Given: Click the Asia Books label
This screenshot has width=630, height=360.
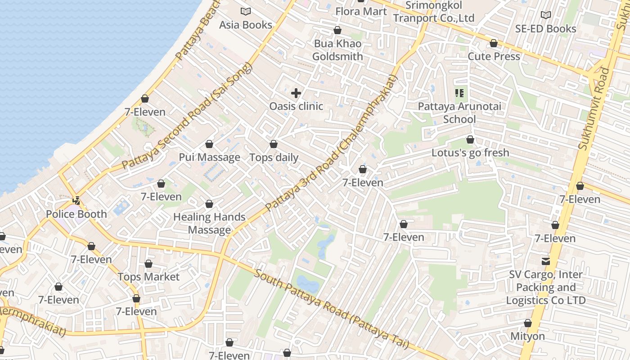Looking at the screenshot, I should pyautogui.click(x=246, y=25).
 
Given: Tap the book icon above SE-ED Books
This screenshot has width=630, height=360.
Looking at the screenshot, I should pyautogui.click(x=546, y=15).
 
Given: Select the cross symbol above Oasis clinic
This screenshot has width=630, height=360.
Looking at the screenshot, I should pyautogui.click(x=296, y=93).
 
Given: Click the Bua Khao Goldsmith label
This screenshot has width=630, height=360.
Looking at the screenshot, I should pyautogui.click(x=337, y=50).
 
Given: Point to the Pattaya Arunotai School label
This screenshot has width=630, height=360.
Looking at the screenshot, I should pyautogui.click(x=459, y=113).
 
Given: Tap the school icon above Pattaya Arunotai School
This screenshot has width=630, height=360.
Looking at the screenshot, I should pyautogui.click(x=459, y=93).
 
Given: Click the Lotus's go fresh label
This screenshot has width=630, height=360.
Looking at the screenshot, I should pyautogui.click(x=470, y=153).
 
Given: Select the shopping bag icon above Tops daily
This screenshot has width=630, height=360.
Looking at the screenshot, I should pyautogui.click(x=274, y=144).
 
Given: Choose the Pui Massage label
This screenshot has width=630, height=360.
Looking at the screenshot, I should pyautogui.click(x=210, y=157).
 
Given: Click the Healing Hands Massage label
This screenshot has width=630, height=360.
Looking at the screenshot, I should pyautogui.click(x=209, y=223).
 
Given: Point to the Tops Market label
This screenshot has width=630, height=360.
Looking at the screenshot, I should pyautogui.click(x=148, y=277).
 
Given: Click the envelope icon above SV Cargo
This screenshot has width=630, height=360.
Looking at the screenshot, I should pyautogui.click(x=546, y=261).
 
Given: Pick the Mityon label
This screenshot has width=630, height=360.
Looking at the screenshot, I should pyautogui.click(x=527, y=336).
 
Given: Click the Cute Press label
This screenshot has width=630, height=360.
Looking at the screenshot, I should pyautogui.click(x=494, y=56).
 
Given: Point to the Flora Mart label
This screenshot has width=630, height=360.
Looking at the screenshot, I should pyautogui.click(x=361, y=11).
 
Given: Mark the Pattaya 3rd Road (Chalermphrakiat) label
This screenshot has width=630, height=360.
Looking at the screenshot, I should pyautogui.click(x=332, y=144).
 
